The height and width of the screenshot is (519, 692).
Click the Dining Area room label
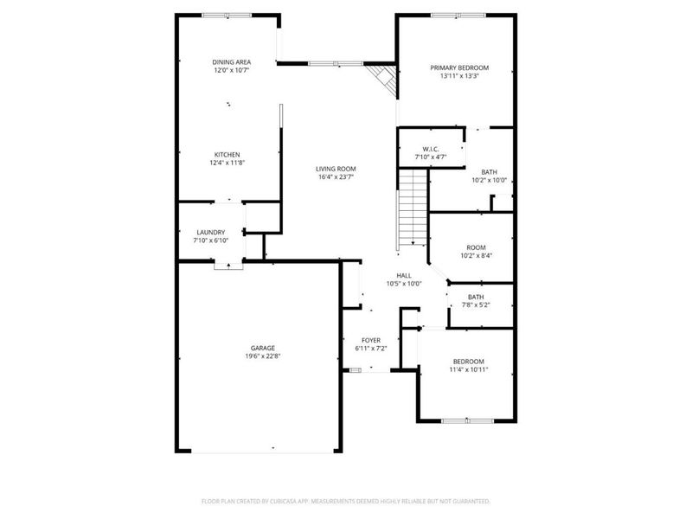[x=232, y=62]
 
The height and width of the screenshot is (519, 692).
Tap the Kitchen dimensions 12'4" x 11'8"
[x=227, y=163]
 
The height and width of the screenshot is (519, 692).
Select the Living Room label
[x=336, y=169]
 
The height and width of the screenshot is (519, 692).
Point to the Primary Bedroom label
[x=459, y=67]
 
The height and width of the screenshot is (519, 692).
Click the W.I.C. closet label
[x=429, y=149]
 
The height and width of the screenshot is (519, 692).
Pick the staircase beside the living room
[x=413, y=208]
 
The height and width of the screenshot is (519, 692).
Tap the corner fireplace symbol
[x=381, y=80]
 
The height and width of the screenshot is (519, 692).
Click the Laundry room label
[x=210, y=232]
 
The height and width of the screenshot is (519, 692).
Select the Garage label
[x=263, y=348]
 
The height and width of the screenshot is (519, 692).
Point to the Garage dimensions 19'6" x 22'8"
[x=263, y=356]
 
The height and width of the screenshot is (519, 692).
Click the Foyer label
[x=371, y=340]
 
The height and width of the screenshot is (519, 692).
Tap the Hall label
[x=403, y=275]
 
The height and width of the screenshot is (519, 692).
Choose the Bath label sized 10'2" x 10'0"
[x=489, y=172]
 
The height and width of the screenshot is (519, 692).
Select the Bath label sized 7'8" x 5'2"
[x=475, y=298]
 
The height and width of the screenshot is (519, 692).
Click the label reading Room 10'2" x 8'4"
[x=476, y=247]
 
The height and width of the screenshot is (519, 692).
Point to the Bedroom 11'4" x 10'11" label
[x=468, y=362]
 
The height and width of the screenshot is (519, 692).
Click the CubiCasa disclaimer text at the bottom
[x=346, y=501]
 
